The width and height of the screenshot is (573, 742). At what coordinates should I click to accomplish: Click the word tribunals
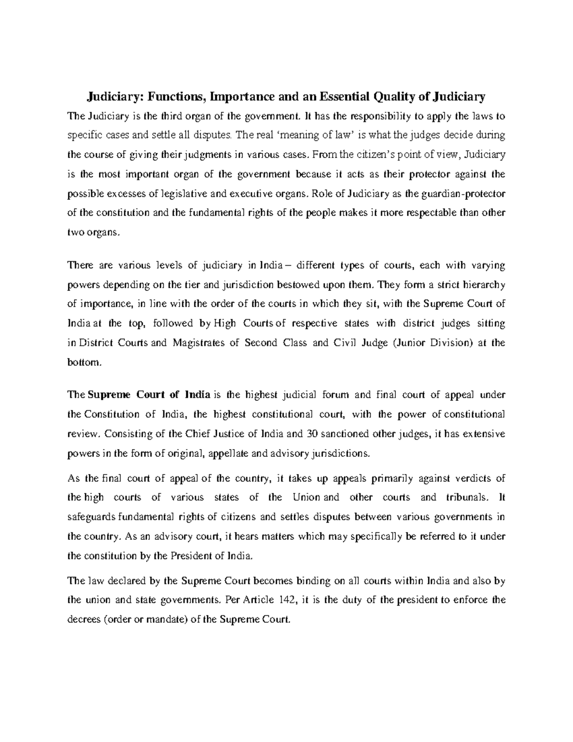pos(470,497)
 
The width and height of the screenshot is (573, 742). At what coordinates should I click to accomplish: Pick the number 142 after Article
pos(286,601)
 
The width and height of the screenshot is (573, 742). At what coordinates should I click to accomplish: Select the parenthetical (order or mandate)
pos(145,620)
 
